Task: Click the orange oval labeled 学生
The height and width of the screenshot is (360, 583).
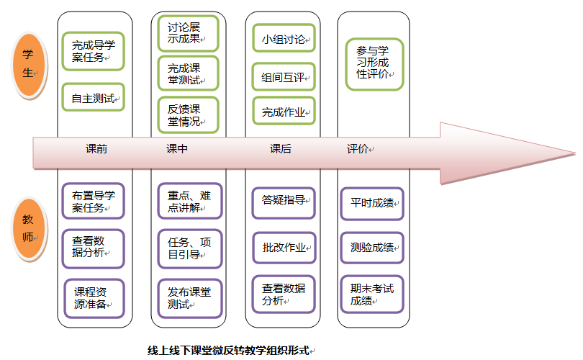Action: pyautogui.click(x=28, y=63)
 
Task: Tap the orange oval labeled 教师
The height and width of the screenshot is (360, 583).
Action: pyautogui.click(x=28, y=228)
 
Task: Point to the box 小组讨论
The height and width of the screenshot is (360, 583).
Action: pyautogui.click(x=284, y=38)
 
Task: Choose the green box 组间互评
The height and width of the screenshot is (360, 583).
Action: pyautogui.click(x=284, y=76)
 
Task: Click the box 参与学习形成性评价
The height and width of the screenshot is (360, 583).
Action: pyautogui.click(x=374, y=64)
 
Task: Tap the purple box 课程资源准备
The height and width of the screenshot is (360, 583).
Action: pyautogui.click(x=94, y=298)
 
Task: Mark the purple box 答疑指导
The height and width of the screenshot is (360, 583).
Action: pyautogui.click(x=284, y=202)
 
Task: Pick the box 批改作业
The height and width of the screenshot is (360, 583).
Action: pyautogui.click(x=284, y=248)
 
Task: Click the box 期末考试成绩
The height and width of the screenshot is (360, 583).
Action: pyautogui.click(x=372, y=294)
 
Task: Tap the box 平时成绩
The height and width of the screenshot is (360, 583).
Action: pyautogui.click(x=372, y=203)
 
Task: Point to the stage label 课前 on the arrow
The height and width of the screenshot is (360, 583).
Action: pyautogui.click(x=96, y=149)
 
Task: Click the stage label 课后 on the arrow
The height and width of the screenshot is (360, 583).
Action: pyautogui.click(x=281, y=149)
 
